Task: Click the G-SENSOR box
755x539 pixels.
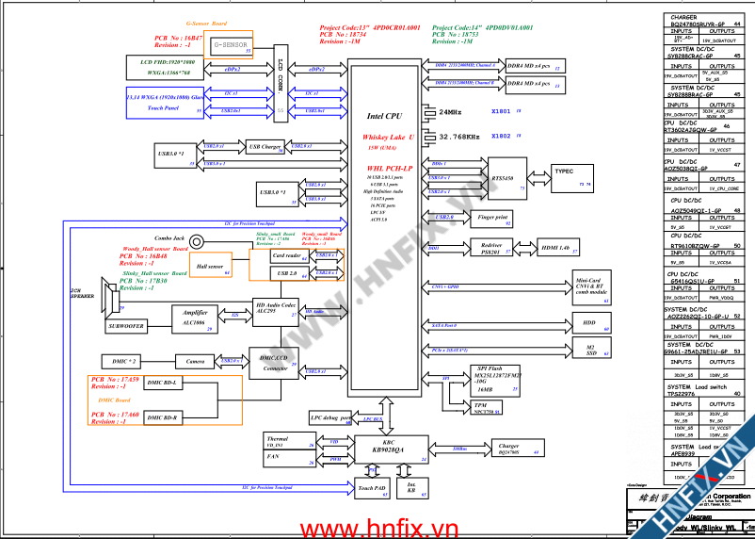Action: click(231, 45)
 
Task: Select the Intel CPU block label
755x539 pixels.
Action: click(385, 117)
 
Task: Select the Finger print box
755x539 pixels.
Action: click(492, 219)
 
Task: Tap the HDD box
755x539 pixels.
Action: click(589, 323)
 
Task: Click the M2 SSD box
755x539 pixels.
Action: click(590, 351)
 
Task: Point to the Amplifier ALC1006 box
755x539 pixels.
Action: click(195, 317)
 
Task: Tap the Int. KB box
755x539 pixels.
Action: click(410, 489)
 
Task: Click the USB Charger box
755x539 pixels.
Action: click(265, 147)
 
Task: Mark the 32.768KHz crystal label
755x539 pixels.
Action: click(460, 137)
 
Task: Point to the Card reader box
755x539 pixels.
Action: click(286, 255)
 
